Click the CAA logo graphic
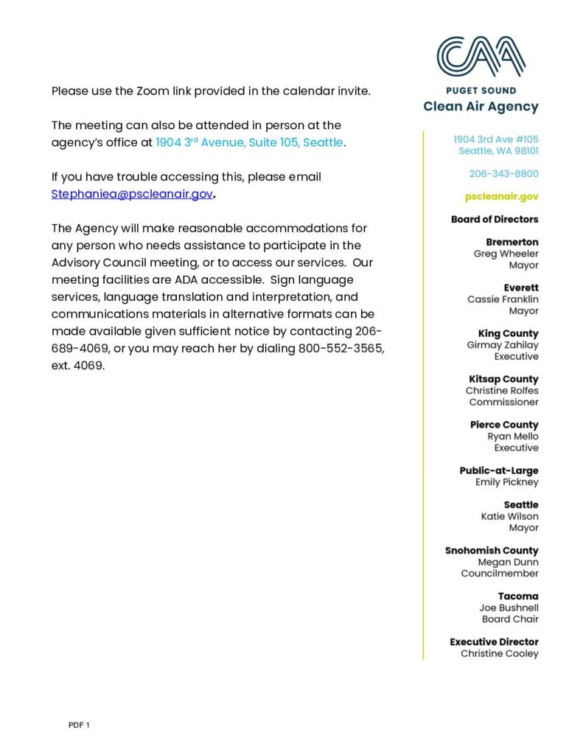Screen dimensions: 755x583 (481, 57)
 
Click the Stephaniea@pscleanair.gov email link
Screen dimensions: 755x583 (132, 194)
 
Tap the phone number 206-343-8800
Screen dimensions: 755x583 (503, 174)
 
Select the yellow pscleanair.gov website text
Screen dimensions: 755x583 (501, 197)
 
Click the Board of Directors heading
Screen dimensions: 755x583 (495, 219)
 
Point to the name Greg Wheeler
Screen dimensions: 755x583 (506, 254)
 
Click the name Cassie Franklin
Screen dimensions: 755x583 (503, 299)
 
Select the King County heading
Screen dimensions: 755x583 (508, 333)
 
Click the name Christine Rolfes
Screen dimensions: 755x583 (502, 391)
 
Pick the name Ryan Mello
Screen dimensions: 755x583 (513, 436)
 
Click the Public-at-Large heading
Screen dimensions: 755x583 (499, 470)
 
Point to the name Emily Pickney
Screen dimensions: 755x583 (507, 482)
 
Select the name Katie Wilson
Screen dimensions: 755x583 (509, 516)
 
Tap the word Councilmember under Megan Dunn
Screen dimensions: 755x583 (500, 573)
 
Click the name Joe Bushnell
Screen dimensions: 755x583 (509, 608)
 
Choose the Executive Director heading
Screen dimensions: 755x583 (494, 641)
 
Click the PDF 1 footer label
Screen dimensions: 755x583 (79, 726)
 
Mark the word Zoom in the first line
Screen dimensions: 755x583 (153, 91)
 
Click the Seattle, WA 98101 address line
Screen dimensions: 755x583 (498, 151)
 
